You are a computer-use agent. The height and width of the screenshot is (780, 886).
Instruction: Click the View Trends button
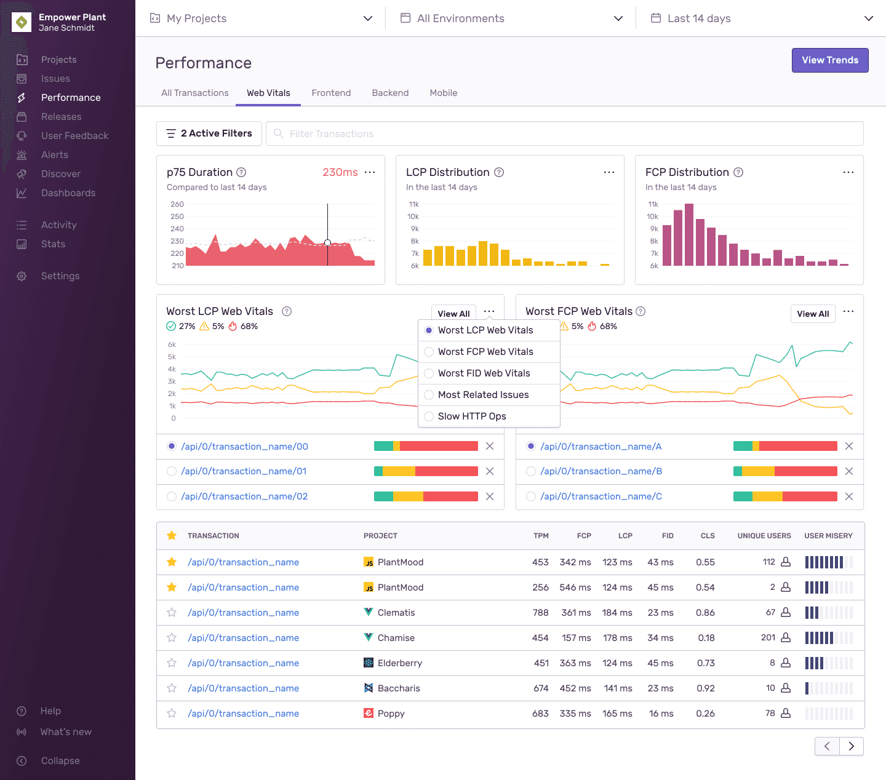[x=829, y=60]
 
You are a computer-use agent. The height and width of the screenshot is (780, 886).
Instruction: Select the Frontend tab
[x=331, y=93]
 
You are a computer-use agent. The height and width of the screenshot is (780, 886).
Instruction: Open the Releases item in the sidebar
[x=61, y=117]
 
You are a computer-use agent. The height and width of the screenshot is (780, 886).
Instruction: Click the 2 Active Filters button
[x=209, y=133]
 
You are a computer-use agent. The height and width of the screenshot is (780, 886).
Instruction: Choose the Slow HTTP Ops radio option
[x=429, y=416]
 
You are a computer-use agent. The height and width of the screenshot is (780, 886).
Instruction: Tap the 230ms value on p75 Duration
[x=340, y=172]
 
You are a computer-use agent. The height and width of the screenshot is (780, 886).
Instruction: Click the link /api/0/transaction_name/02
[x=244, y=496]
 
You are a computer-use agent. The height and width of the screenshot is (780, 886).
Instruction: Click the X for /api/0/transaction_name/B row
[x=848, y=471]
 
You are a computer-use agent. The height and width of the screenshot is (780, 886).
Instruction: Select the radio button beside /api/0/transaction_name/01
[x=172, y=471]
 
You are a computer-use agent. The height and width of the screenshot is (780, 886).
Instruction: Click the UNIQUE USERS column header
[x=764, y=536]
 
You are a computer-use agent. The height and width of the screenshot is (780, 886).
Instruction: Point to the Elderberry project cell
[x=399, y=663]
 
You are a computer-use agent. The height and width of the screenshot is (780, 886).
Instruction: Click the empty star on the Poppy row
[x=172, y=714]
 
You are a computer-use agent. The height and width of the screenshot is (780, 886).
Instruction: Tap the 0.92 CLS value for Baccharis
[x=705, y=688]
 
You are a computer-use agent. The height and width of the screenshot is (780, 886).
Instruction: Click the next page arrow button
[x=851, y=746]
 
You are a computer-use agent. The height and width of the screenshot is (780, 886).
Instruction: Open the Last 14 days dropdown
[x=761, y=18]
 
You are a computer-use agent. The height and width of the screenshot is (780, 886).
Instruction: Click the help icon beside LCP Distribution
[x=499, y=172]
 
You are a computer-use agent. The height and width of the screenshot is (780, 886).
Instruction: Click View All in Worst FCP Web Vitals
[x=812, y=314]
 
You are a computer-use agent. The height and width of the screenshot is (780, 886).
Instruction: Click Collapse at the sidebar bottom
[x=60, y=761]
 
